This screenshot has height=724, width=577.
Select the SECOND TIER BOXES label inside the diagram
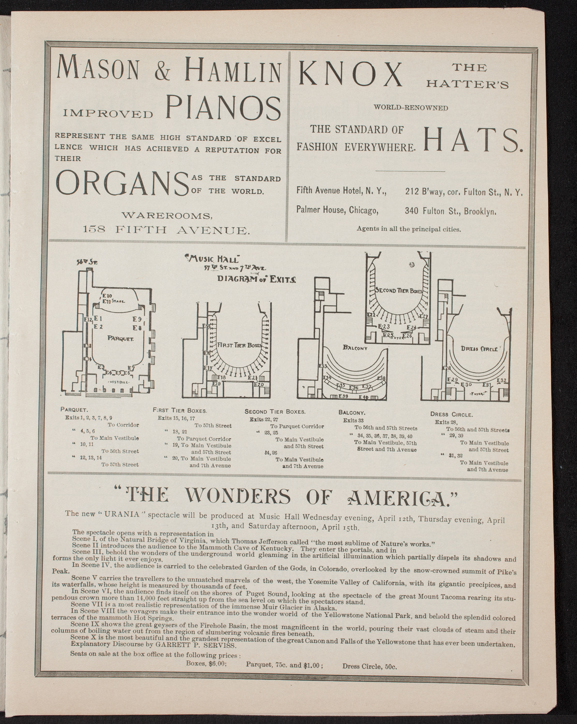398,291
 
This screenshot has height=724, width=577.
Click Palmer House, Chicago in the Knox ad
337,210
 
